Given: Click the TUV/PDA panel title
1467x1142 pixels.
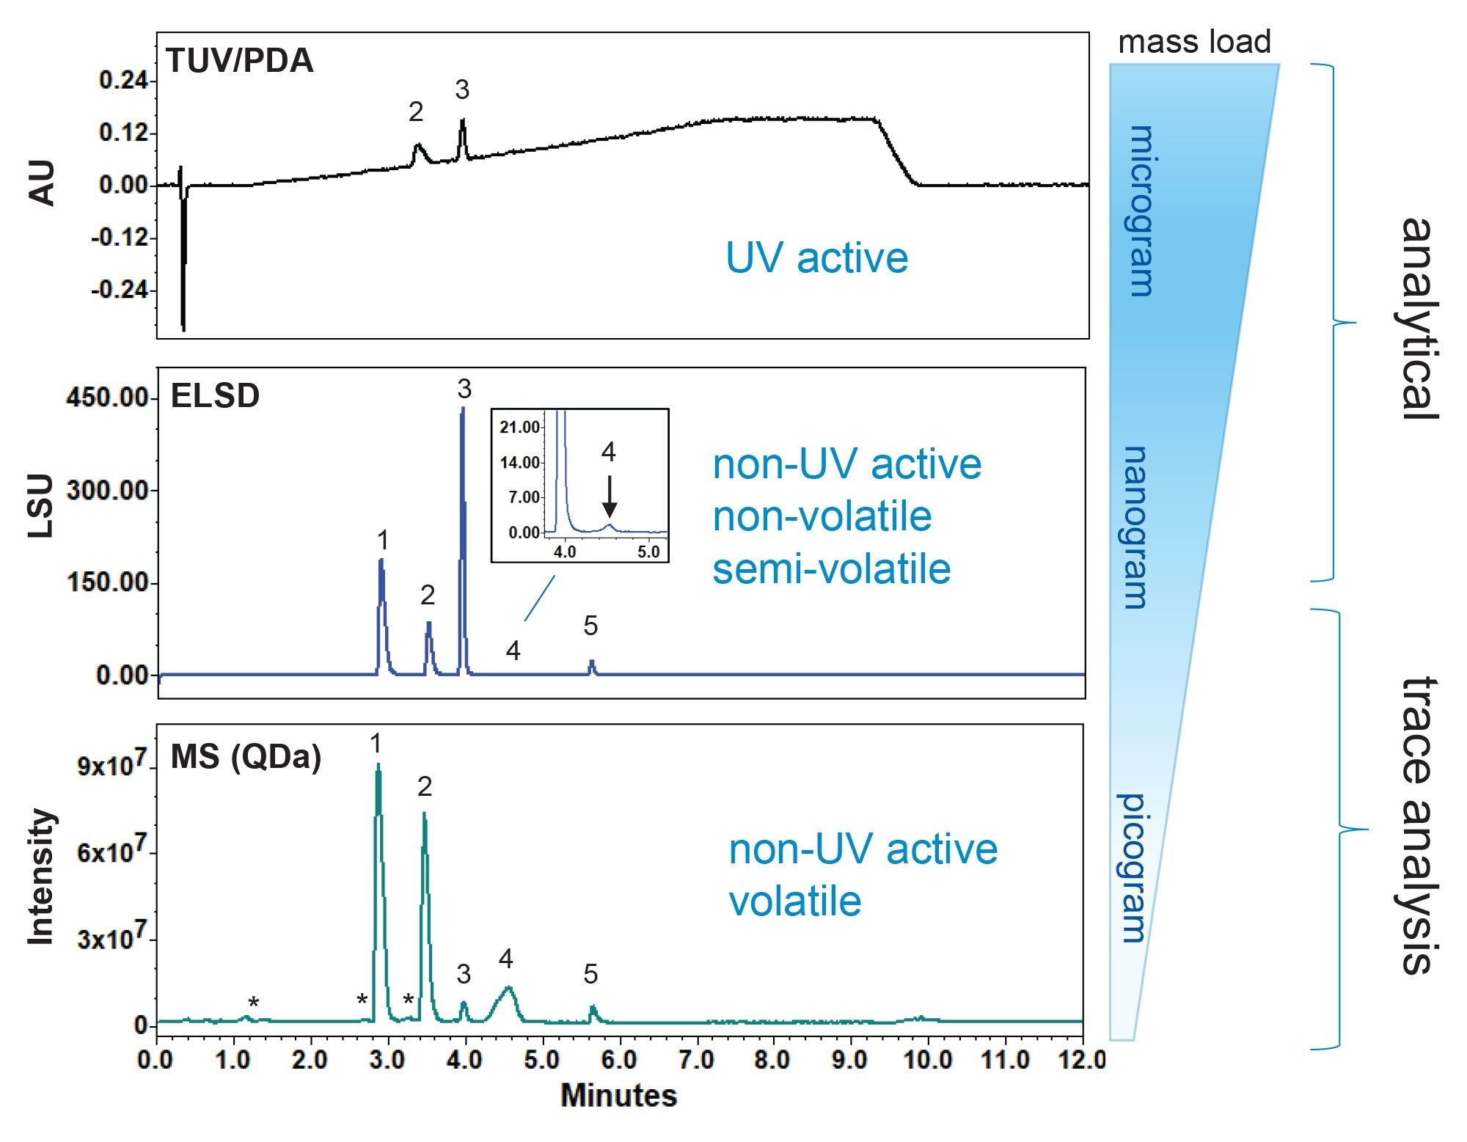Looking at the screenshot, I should coord(240,61).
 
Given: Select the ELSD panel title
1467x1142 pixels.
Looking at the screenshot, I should coord(215,396).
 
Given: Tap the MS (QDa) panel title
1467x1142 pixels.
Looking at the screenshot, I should coord(246,757).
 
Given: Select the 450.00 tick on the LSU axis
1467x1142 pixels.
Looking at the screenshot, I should coord(108,398).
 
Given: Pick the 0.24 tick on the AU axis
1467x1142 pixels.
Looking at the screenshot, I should coord(122,80).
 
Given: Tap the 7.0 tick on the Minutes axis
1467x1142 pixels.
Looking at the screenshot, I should coord(695,1059).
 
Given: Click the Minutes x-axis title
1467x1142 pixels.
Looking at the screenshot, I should coord(618,1095).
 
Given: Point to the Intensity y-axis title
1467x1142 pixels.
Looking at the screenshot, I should coord(41,876).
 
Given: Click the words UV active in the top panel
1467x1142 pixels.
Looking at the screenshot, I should coord(816,258).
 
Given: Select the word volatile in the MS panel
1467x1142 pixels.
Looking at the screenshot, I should coord(795,901).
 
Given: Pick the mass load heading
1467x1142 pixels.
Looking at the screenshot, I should coord(1193,42).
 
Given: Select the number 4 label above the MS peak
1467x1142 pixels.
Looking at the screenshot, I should coord(505,959).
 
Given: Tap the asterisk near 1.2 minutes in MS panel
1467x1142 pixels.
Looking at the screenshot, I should coord(253,1003).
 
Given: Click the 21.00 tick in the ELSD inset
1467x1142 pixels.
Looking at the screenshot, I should coord(520,427).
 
